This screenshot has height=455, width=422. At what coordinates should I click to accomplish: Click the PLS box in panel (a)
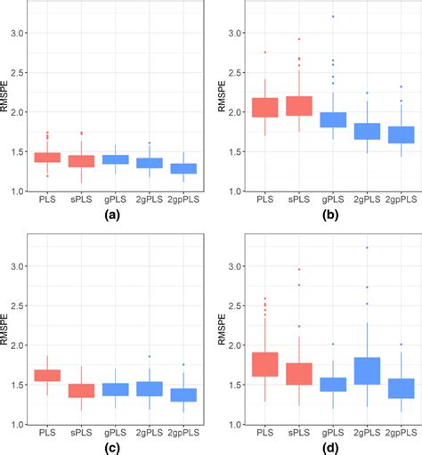pyautogui.click(x=46, y=158)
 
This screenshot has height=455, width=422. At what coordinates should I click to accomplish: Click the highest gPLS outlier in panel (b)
pyautogui.click(x=320, y=17)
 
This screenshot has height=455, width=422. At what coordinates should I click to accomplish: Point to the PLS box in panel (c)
pyautogui.click(x=46, y=375)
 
